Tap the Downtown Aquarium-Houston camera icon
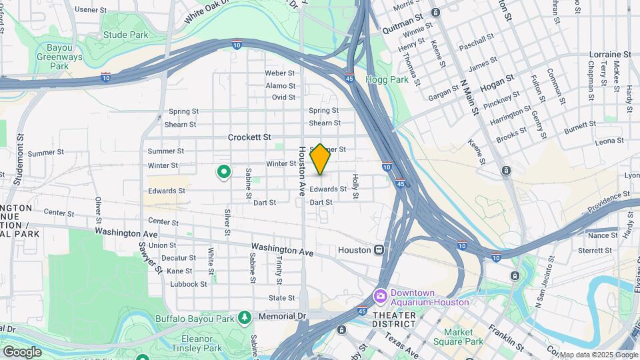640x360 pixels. [x=381, y=295]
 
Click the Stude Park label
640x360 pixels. [x=125, y=35]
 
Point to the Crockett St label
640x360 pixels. [x=249, y=137]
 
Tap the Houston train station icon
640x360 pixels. [x=379, y=250]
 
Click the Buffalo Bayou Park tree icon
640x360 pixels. [x=245, y=317]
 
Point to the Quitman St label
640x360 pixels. [x=403, y=29]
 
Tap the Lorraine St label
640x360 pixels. [x=610, y=54]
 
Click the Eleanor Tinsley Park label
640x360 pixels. [x=197, y=342]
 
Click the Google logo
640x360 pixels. [x=22, y=351]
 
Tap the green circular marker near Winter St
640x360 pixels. [x=225, y=173]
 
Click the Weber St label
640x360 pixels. [x=280, y=73]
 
